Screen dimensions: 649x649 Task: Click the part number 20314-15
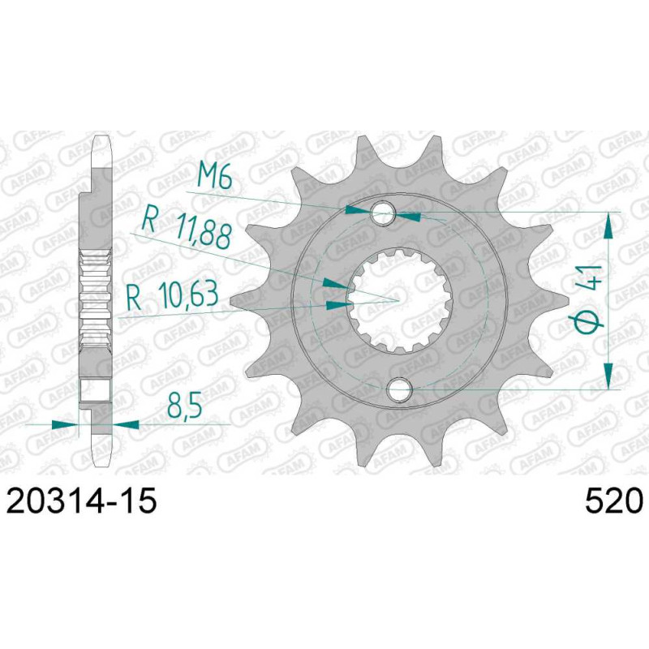[82, 501]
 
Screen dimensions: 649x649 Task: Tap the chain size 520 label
[614, 501]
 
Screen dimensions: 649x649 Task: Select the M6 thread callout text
[213, 175]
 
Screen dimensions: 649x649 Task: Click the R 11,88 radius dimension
[186, 231]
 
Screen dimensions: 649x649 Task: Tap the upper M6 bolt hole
[383, 213]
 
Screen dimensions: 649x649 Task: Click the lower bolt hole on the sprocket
[399, 389]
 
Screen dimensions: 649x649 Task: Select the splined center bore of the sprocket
[399, 301]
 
